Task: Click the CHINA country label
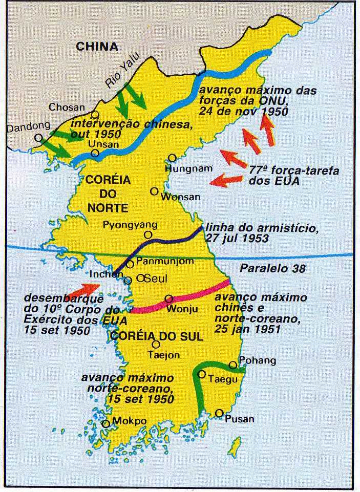[97, 47]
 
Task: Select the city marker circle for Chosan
[95, 115]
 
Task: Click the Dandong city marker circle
[38, 137]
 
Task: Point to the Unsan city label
[103, 144]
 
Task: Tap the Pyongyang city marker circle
[148, 235]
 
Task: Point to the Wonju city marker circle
[168, 299]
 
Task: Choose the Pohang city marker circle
[233, 365]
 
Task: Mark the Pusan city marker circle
[220, 413]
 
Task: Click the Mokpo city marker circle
[106, 423]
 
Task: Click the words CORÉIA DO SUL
[156, 336]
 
